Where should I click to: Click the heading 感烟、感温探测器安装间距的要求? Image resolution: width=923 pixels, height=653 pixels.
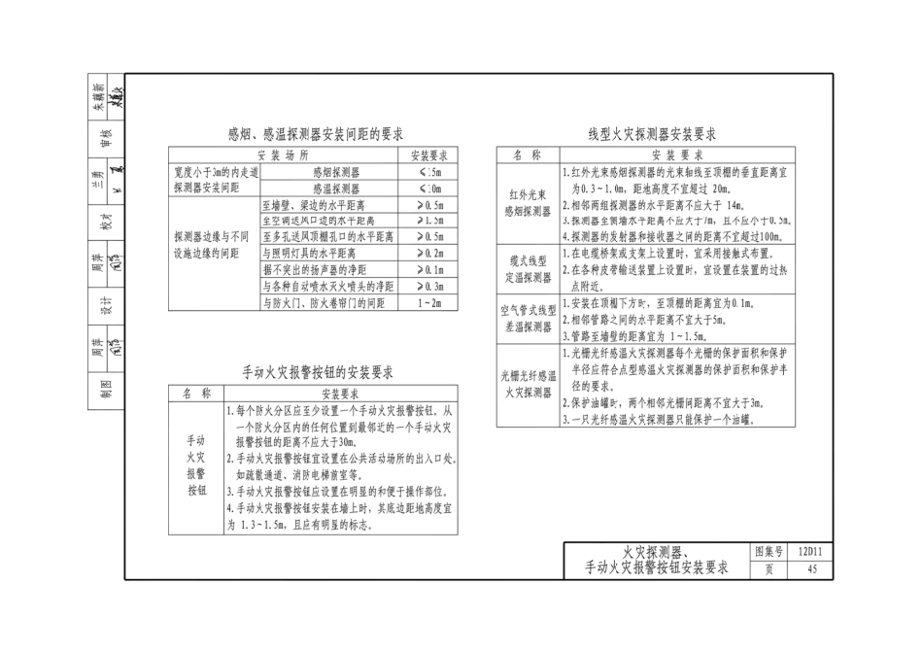click(316, 134)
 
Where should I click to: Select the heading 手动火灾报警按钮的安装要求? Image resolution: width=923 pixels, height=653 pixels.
click(318, 372)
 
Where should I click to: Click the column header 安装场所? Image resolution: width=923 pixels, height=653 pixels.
click(283, 155)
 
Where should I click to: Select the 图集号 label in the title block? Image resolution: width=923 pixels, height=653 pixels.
click(769, 553)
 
